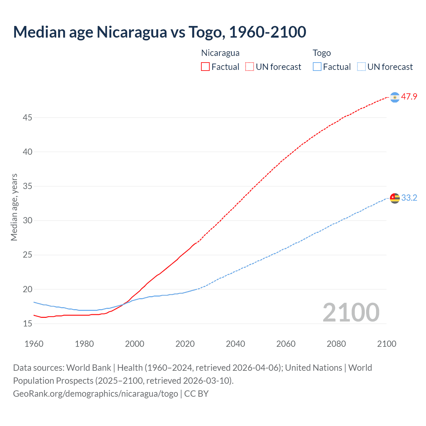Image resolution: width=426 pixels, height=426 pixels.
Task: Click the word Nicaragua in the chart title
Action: click(132, 32)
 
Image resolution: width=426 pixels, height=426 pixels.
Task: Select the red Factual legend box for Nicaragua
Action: click(205, 67)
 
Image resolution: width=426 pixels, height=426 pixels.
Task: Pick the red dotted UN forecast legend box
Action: click(250, 67)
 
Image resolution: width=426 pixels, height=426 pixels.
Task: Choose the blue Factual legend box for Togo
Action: click(317, 67)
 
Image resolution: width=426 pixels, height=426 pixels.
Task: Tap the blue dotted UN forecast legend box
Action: click(361, 67)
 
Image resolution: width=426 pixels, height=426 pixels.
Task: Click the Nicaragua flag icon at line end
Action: click(395, 97)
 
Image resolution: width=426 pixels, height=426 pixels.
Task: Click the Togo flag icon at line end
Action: click(395, 198)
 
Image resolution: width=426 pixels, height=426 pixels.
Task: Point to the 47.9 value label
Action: click(409, 97)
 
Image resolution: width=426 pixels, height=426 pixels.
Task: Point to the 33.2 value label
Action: click(409, 198)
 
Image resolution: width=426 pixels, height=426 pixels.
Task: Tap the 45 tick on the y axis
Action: click(28, 117)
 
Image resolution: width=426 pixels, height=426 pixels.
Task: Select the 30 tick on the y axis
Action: click(28, 220)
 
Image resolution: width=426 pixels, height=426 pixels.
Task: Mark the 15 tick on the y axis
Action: click(28, 323)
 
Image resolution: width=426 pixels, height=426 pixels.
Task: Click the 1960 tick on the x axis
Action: click(34, 344)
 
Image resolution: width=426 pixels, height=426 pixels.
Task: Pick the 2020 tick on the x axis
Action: click(185, 344)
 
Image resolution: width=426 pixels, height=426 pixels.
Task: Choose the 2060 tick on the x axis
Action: click(286, 344)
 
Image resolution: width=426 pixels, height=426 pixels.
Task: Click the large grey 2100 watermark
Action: click(351, 312)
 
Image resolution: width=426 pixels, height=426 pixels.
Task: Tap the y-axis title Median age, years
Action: click(14, 207)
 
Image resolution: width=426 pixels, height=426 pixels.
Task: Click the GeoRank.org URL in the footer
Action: click(96, 394)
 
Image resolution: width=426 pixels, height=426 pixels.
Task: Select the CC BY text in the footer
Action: click(196, 394)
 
